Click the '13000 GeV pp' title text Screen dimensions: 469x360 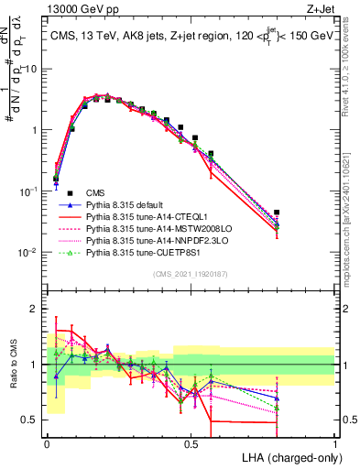(78, 7)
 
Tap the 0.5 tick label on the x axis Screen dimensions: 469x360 (191, 442)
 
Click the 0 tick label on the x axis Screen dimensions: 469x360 (47, 442)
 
